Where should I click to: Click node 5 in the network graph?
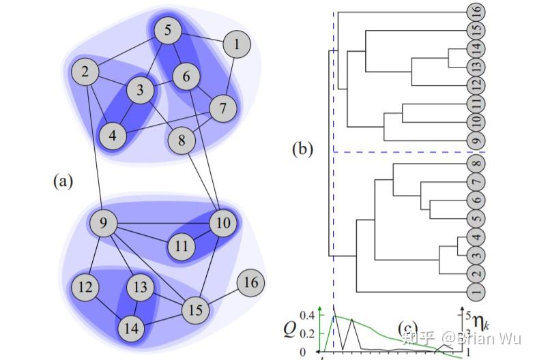click(167, 31)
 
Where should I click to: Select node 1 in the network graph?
click(237, 45)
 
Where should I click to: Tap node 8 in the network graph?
click(182, 141)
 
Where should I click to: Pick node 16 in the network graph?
click(250, 282)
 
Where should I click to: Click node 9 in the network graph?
click(104, 223)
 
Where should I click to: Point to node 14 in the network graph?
click(132, 329)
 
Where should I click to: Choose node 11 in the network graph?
click(181, 245)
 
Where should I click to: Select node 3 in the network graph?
click(140, 90)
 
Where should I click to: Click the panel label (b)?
click(302, 148)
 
